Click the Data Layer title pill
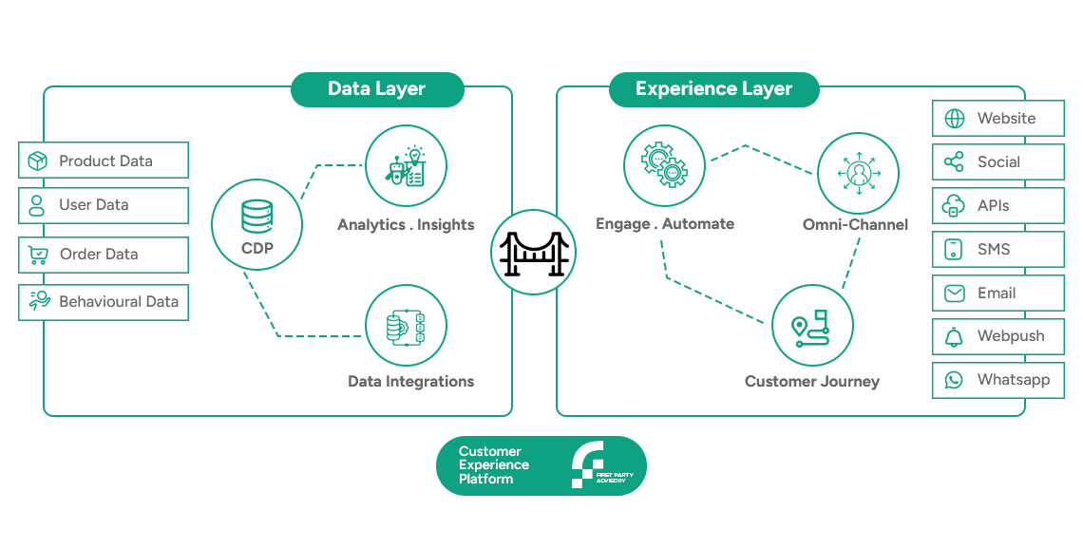click(377, 89)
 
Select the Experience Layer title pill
click(713, 89)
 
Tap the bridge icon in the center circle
click(533, 254)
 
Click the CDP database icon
click(256, 217)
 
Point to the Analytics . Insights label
click(407, 224)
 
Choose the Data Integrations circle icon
click(407, 326)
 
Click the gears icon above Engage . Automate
click(664, 165)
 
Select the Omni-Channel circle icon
click(859, 173)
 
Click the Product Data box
click(104, 161)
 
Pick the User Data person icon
click(37, 205)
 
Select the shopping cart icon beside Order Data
click(38, 255)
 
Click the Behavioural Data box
click(104, 302)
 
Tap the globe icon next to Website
click(955, 119)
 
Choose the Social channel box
click(998, 162)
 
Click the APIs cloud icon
click(954, 206)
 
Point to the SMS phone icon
click(954, 249)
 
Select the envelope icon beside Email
click(955, 293)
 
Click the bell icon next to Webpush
click(954, 337)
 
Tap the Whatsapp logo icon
click(954, 380)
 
